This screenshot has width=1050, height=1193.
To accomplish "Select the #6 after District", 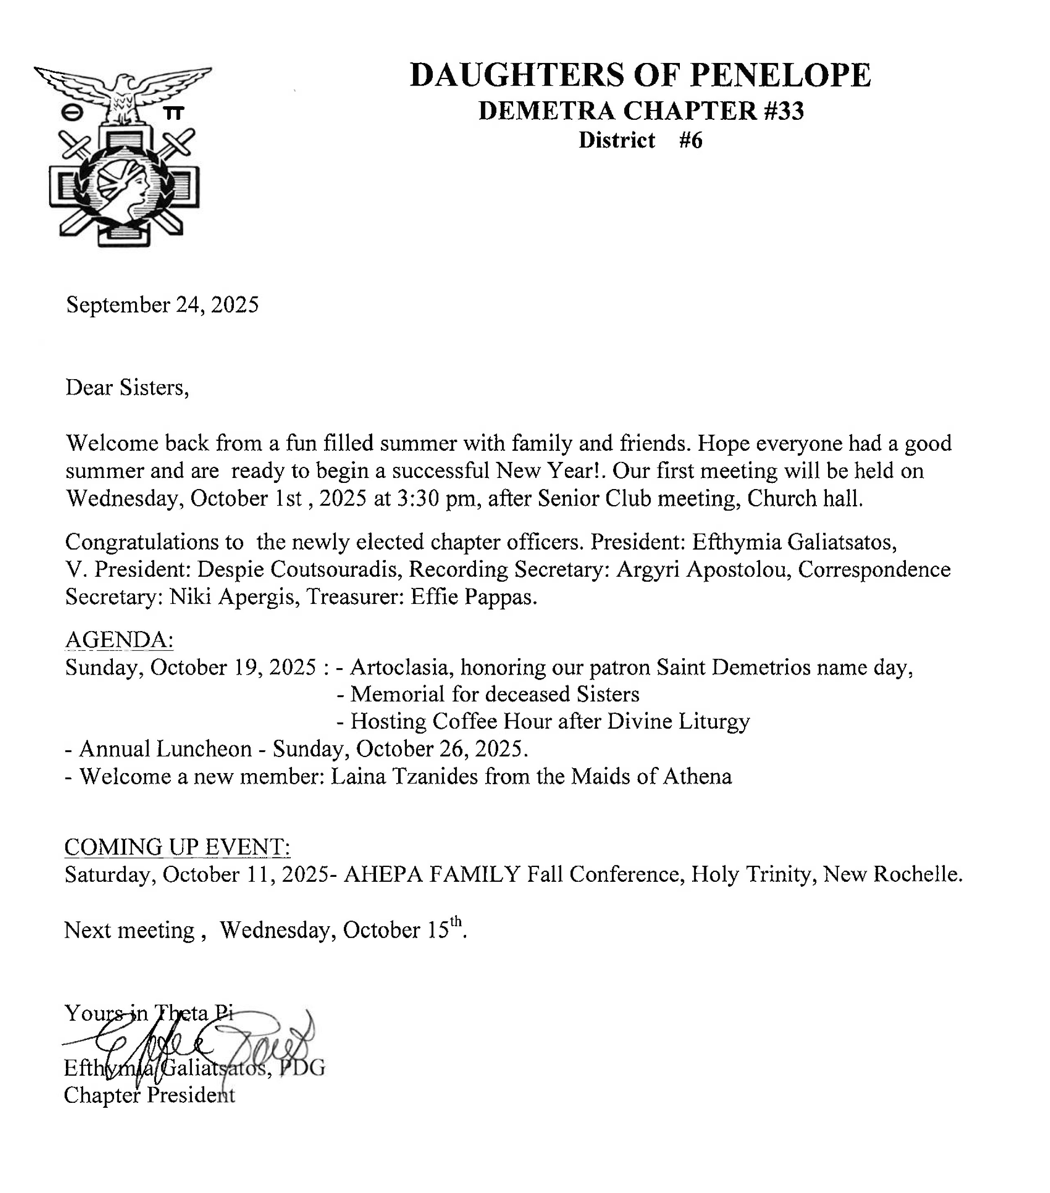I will pos(691,141).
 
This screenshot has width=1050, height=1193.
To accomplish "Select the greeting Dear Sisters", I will pos(127,387).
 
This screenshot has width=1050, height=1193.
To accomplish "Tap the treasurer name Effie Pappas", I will pos(474,596).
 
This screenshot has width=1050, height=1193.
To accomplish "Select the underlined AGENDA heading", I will pos(119,640).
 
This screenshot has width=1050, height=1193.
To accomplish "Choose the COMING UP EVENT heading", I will pos(177,847).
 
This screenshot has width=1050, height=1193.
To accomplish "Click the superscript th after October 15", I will pos(456,922).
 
